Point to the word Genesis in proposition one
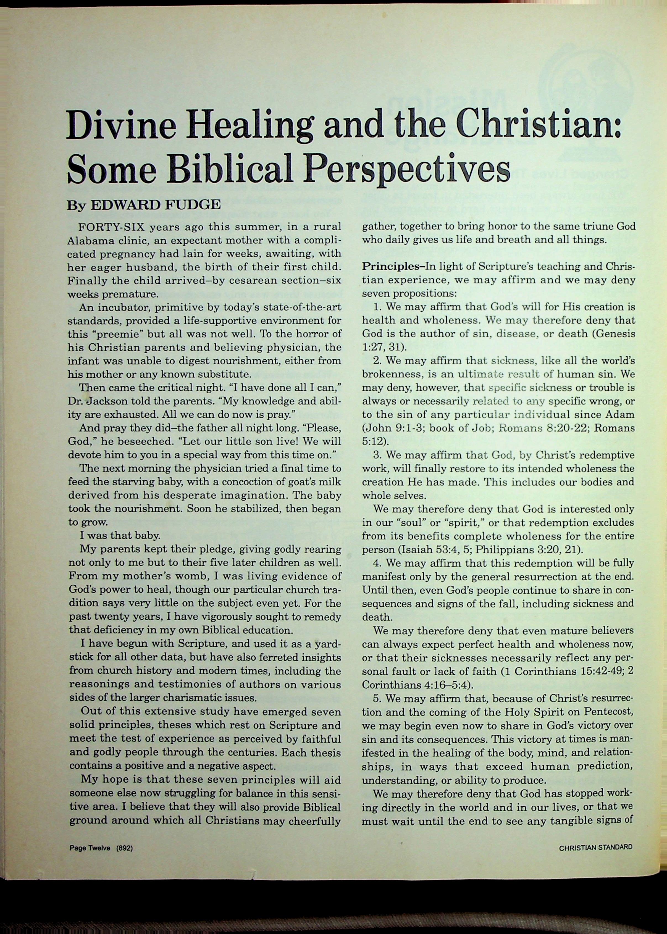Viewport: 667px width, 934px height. (x=614, y=333)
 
